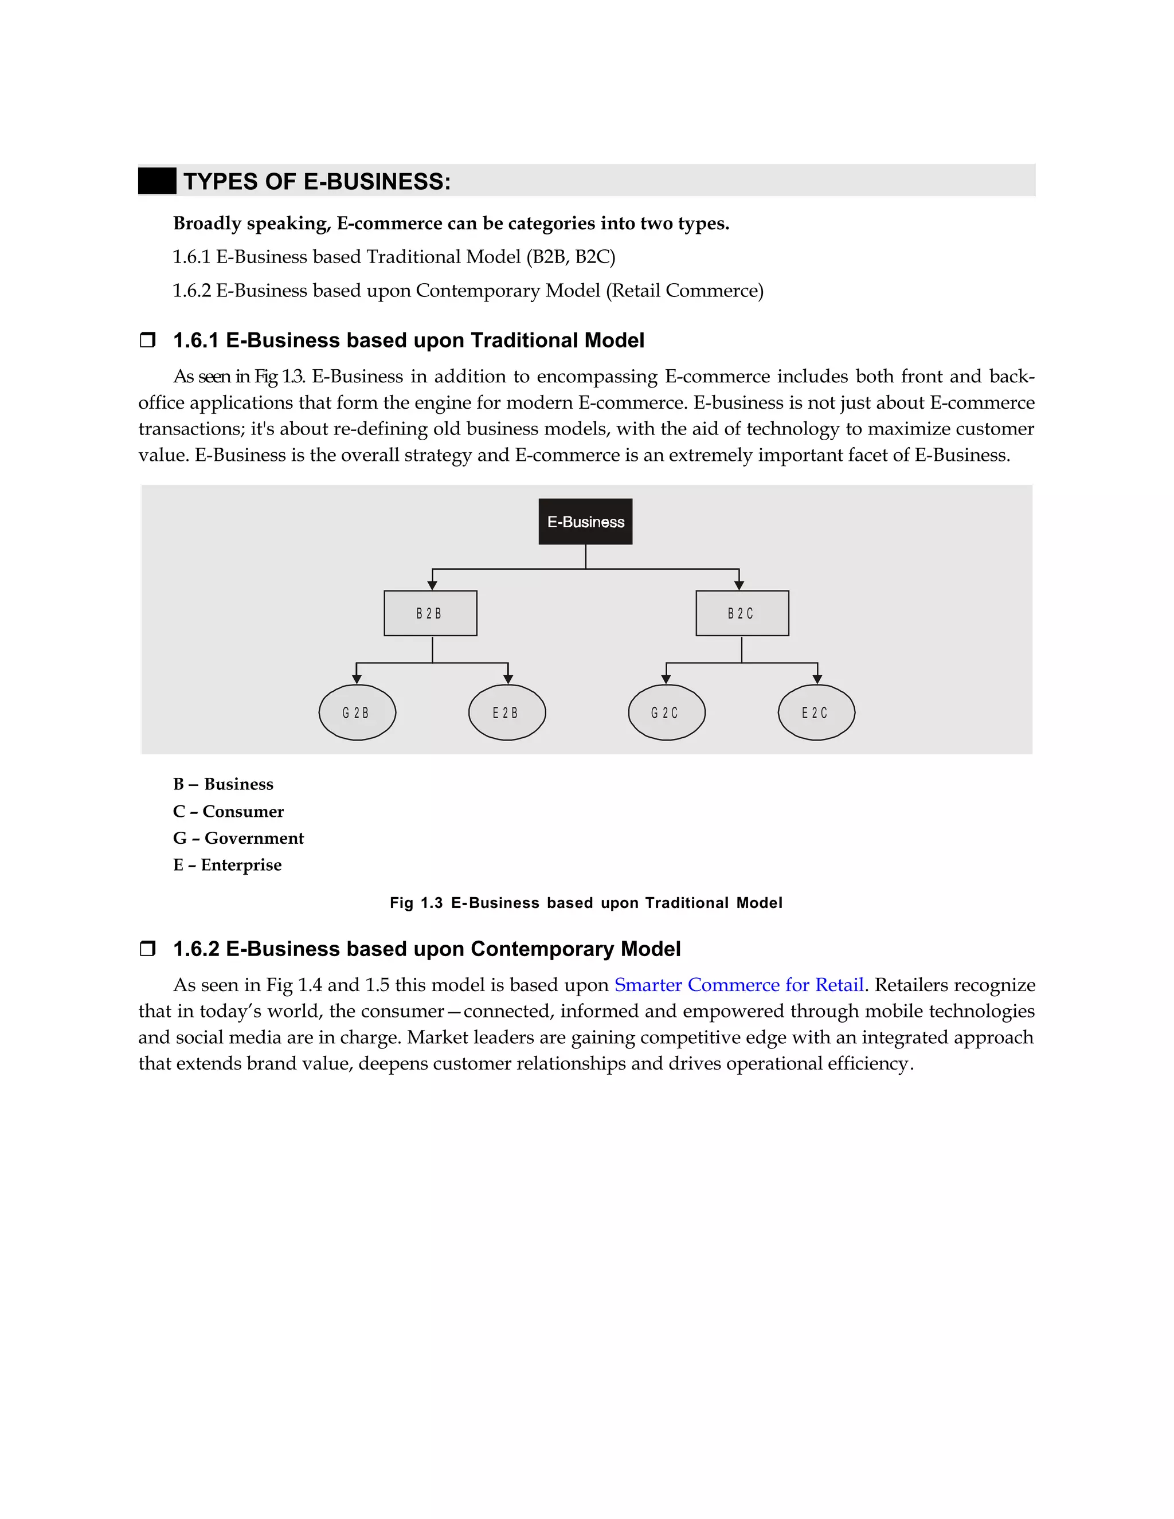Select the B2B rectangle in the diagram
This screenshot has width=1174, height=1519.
pyautogui.click(x=430, y=613)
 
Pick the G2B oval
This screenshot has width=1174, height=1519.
pyautogui.click(x=357, y=712)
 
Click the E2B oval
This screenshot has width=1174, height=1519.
pyautogui.click(x=506, y=712)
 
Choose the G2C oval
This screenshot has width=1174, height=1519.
pyautogui.click(x=666, y=712)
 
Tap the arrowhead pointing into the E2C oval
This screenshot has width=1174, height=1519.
pyautogui.click(x=817, y=679)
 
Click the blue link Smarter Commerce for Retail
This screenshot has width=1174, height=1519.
pyautogui.click(x=738, y=985)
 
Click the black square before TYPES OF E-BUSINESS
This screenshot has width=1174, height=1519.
pyautogui.click(x=156, y=182)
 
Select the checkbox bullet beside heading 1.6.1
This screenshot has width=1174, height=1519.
pyautogui.click(x=147, y=340)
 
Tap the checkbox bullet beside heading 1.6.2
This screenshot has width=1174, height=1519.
pyautogui.click(x=147, y=949)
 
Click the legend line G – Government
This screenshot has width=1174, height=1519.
pyautogui.click(x=238, y=838)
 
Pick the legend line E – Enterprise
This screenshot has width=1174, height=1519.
pyautogui.click(x=227, y=865)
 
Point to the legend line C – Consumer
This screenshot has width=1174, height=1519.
pyautogui.click(x=228, y=812)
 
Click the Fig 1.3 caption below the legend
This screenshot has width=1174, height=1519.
pyautogui.click(x=586, y=903)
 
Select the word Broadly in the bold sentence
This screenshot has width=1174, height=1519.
pyautogui.click(x=206, y=223)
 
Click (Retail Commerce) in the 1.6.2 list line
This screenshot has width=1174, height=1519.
pyautogui.click(x=684, y=291)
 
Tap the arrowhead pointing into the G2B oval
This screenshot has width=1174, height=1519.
pyautogui.click(x=357, y=679)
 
